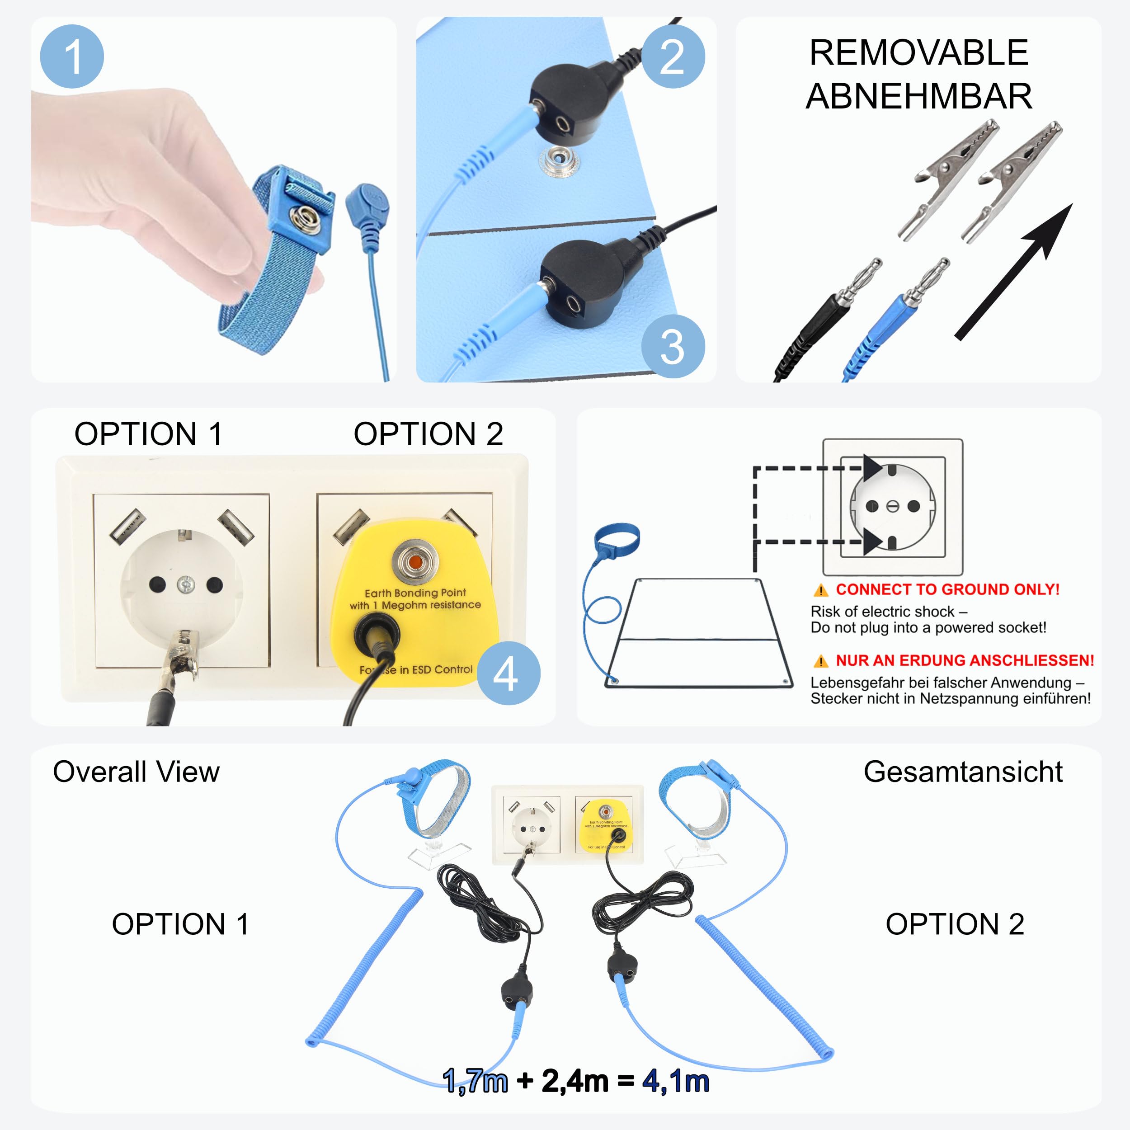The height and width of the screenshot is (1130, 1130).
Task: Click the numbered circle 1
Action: point(72,57)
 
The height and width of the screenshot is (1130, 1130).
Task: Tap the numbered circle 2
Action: point(673,57)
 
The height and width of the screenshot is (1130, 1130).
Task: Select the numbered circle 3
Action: point(673,347)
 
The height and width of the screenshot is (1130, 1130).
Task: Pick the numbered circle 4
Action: point(508,673)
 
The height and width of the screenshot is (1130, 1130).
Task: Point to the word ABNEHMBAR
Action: point(919,96)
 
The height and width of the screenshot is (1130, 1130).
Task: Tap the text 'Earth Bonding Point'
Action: point(415,593)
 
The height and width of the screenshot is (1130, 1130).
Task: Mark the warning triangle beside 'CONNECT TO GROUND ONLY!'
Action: point(820,590)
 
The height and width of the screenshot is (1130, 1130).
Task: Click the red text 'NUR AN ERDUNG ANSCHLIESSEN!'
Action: point(965,660)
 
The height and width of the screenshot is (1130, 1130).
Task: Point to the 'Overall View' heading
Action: point(137,772)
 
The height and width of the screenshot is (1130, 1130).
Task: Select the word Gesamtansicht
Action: point(963,772)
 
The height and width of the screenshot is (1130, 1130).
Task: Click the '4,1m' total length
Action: point(676,1081)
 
